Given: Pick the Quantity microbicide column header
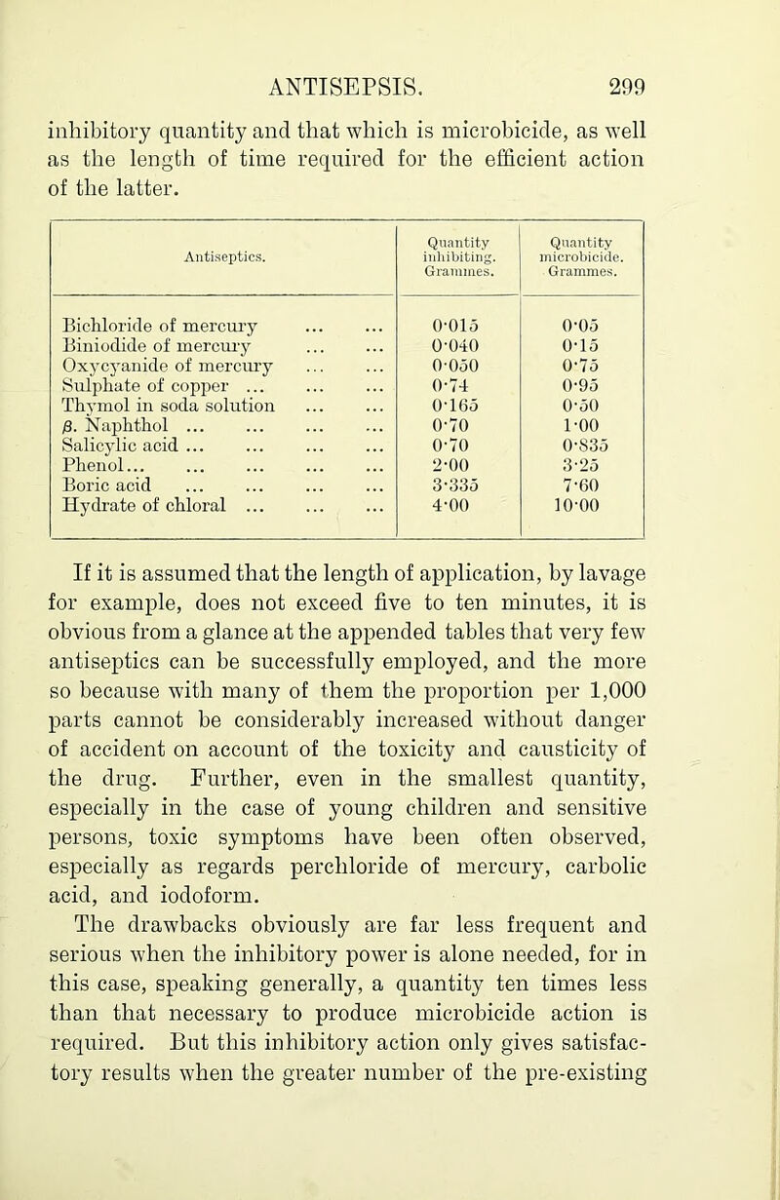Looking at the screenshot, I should pos(585,248).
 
